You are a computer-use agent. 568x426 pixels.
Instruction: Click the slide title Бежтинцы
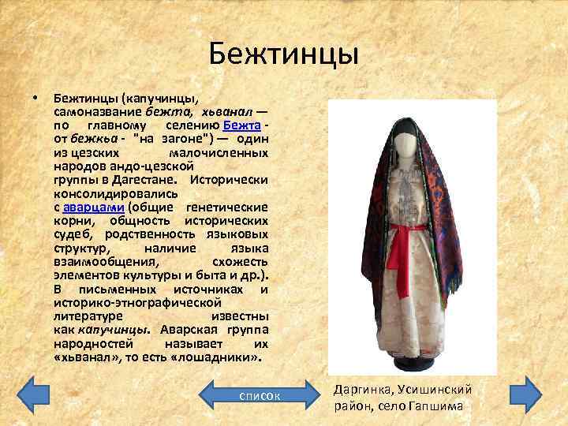point(284,54)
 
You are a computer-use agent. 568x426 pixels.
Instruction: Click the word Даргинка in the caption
point(361,390)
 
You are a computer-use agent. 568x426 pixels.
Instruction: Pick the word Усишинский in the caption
point(432,390)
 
